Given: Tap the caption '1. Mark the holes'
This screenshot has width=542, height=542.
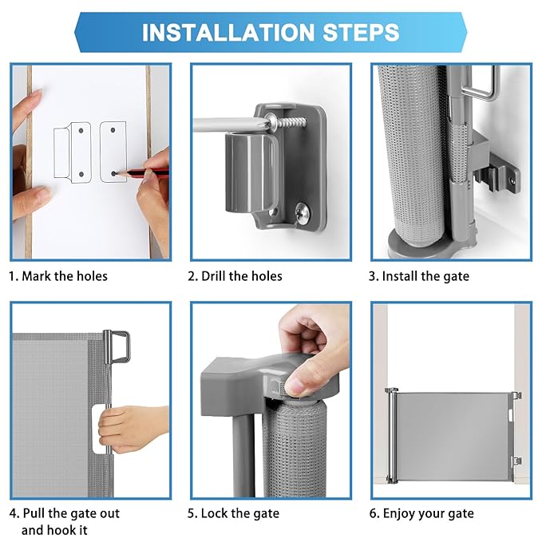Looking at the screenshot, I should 58,276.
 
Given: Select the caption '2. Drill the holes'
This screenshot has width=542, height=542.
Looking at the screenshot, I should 235,276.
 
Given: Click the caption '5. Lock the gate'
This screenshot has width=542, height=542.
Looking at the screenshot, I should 233,513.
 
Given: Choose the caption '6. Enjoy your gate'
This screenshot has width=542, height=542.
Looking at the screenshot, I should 421,513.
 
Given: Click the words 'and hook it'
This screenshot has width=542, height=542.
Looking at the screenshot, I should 54,530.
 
